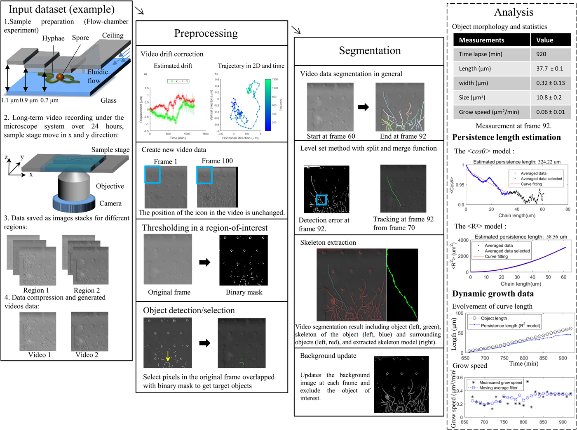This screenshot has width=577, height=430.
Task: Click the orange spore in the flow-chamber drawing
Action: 60,77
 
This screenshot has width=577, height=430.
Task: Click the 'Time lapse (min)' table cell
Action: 481,54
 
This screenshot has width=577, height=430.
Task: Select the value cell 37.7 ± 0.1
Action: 549,69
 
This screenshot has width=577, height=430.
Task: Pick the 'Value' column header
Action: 544,40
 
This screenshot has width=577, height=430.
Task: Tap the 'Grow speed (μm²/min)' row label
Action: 489,112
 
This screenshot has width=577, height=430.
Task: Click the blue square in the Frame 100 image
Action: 204,175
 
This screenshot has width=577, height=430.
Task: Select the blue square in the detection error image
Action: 321,200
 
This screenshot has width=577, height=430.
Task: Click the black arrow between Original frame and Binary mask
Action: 205,262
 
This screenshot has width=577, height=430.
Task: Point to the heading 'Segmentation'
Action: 370,51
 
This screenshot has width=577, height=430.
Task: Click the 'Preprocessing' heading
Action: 206,33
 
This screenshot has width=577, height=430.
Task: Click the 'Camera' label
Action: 110,203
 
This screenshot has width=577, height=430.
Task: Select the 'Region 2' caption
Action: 87,290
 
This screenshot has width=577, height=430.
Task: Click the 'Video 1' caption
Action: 39,354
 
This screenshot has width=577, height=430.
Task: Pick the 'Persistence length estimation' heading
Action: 506,137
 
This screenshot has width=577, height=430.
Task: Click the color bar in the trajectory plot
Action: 268,105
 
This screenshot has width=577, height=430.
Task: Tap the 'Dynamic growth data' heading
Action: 493,294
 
